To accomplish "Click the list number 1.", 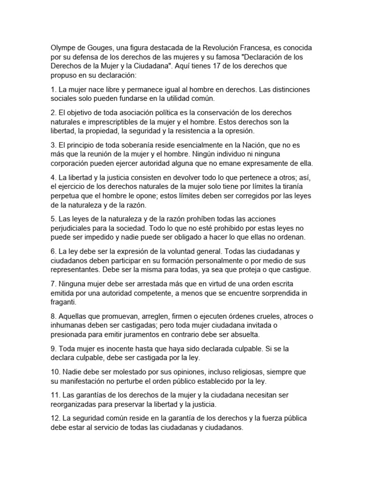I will coord(53,89).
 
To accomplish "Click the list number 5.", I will coord(53,218).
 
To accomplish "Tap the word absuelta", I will coord(246,334).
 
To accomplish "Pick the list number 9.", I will coord(53,349).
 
